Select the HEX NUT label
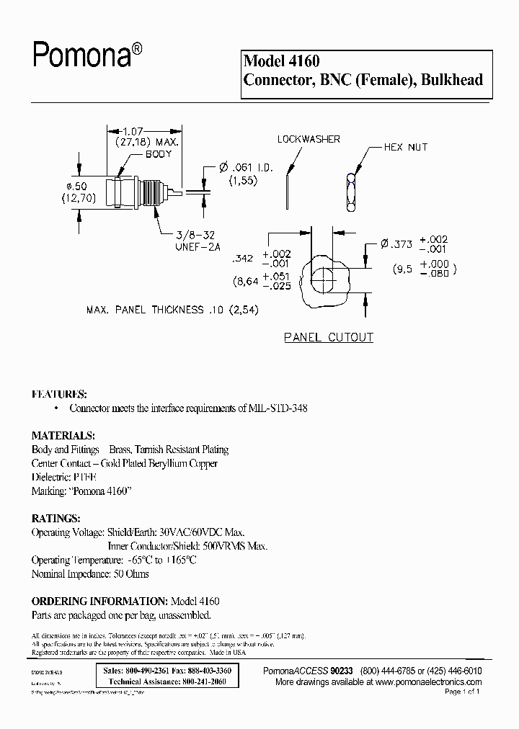405,147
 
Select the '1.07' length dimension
131,131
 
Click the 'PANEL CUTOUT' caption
329,337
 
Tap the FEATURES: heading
59,395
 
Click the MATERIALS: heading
63,436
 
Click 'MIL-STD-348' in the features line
288,408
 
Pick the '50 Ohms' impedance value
130,573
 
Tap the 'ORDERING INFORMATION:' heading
99,601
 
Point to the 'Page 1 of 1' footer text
462,692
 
